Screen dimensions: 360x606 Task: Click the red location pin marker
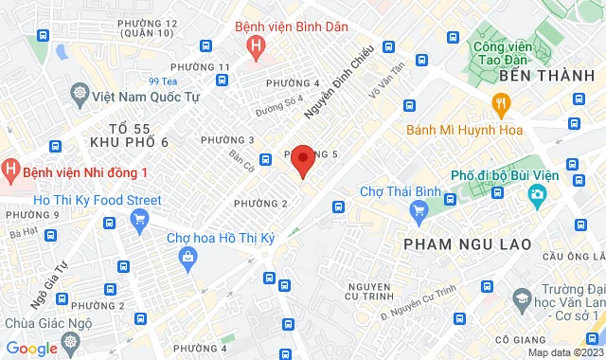[302, 161]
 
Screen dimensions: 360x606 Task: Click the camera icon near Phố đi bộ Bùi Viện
[537, 195]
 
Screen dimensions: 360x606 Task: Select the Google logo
[32, 348]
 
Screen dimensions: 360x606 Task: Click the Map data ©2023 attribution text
[564, 352]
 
